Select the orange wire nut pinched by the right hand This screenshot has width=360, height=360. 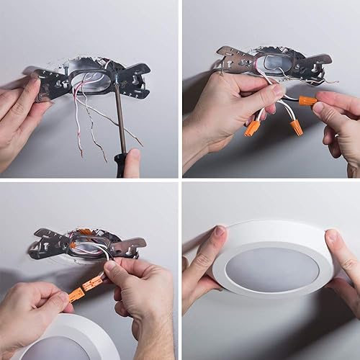(x=307, y=101)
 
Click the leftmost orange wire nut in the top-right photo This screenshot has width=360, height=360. (x=252, y=129)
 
